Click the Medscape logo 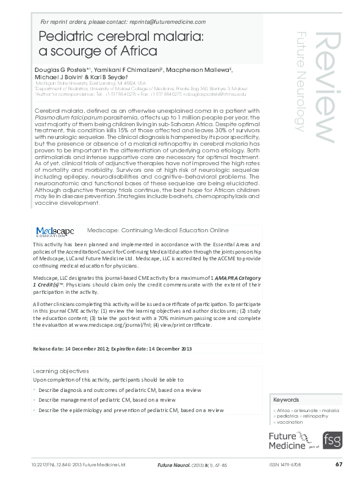(x=55, y=232)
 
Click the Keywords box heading (x=286, y=400)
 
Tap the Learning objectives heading (x=60, y=371)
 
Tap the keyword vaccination (x=290, y=422)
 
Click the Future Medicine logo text (x=287, y=440)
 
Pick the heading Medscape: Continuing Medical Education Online (x=158, y=230)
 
